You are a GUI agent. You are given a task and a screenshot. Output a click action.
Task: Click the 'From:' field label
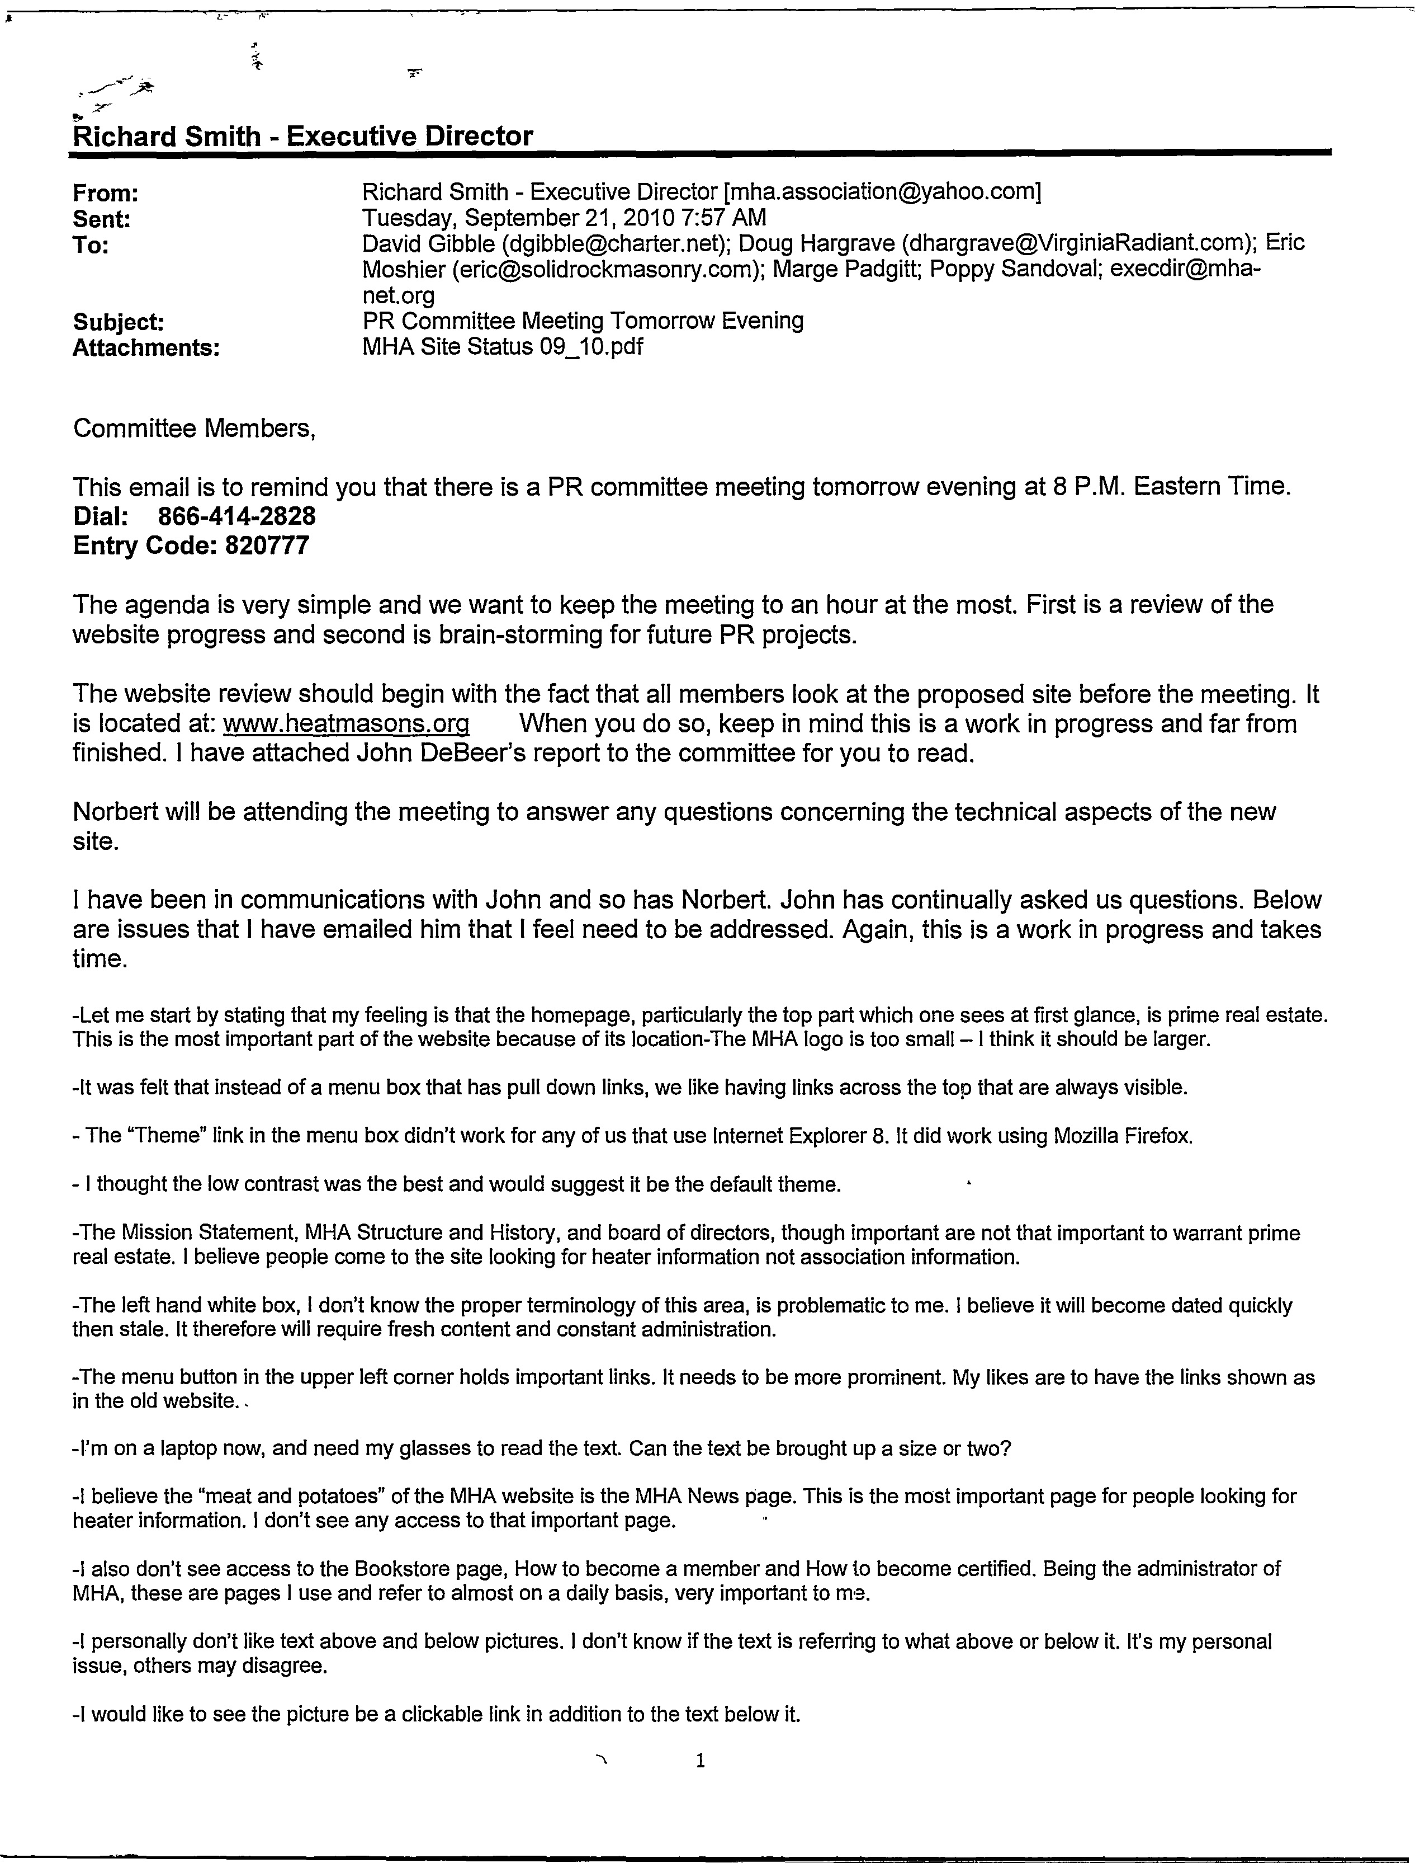105,194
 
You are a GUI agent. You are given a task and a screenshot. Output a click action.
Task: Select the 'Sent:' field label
101,220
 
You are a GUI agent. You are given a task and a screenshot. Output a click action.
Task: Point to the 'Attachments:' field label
146,348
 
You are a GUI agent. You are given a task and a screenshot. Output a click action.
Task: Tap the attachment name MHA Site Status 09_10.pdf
502,346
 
